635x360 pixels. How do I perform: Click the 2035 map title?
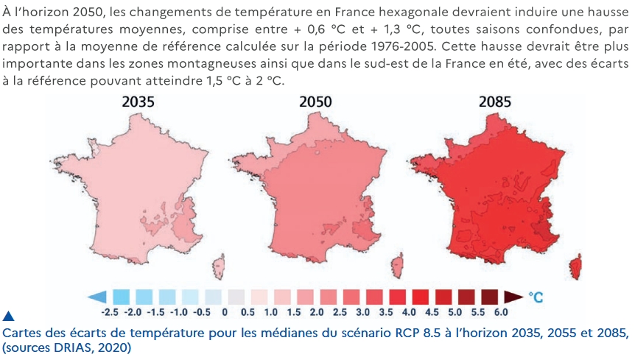point(138,102)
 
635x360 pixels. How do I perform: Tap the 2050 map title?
point(315,102)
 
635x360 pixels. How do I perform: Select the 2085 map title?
point(495,102)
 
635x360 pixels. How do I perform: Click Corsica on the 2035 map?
point(218,267)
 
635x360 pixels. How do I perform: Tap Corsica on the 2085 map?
point(575,267)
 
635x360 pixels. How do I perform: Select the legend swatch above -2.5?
point(121,297)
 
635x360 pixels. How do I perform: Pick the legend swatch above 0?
point(236,297)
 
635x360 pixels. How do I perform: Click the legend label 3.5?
point(386,312)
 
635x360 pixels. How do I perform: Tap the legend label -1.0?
point(178,312)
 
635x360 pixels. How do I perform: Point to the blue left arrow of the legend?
point(97,297)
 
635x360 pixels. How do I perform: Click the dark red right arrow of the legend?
point(514,297)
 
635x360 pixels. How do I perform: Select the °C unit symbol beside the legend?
point(536,297)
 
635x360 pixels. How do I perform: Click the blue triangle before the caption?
point(8,316)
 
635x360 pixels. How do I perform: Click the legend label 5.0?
point(455,312)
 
